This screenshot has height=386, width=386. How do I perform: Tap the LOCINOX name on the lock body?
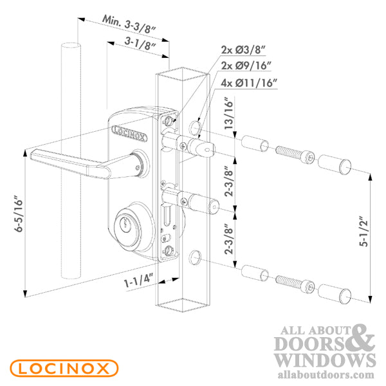point(129,132)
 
